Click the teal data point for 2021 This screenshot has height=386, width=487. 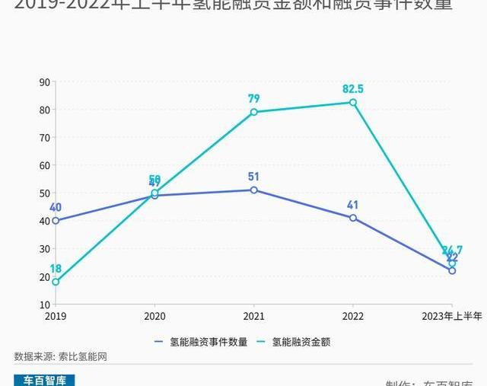(x=253, y=112)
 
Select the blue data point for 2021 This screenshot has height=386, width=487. (x=253, y=190)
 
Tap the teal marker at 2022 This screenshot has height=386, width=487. (x=353, y=102)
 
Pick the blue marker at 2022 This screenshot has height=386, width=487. (x=353, y=218)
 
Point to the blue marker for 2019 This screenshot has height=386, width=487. (x=56, y=221)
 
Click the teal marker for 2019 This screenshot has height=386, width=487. (x=56, y=282)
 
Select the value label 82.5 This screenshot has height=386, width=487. (x=353, y=89)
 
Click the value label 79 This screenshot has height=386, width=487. (x=254, y=99)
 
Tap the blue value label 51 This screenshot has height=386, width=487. (x=254, y=177)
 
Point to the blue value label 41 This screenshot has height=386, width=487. (x=353, y=205)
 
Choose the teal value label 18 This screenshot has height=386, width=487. (x=56, y=269)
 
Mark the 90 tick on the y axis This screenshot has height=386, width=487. (x=45, y=82)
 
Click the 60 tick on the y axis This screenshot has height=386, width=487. (x=45, y=165)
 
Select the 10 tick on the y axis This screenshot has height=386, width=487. (x=45, y=305)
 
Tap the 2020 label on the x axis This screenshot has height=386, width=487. (x=154, y=316)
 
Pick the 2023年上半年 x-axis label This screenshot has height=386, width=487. (x=452, y=316)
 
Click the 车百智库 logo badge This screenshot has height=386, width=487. (x=45, y=380)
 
